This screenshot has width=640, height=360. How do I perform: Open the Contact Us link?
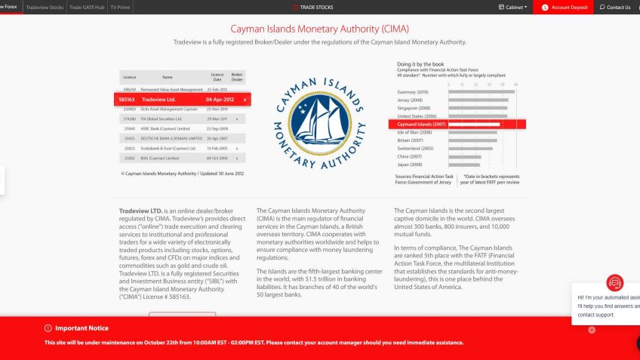(x=615, y=7)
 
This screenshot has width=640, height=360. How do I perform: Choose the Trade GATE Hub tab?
(x=87, y=7)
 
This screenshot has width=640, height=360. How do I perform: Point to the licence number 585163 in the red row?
(x=127, y=100)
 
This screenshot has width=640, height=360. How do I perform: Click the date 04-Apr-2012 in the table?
(x=220, y=100)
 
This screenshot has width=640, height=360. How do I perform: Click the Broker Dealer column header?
(x=237, y=76)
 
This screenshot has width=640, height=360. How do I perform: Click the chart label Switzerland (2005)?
(x=414, y=148)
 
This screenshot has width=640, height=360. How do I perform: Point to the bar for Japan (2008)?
(x=464, y=164)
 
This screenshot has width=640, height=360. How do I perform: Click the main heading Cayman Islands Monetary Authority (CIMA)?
(x=320, y=29)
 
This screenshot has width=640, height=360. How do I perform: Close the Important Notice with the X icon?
(x=592, y=330)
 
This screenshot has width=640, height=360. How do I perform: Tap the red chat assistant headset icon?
(x=615, y=282)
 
